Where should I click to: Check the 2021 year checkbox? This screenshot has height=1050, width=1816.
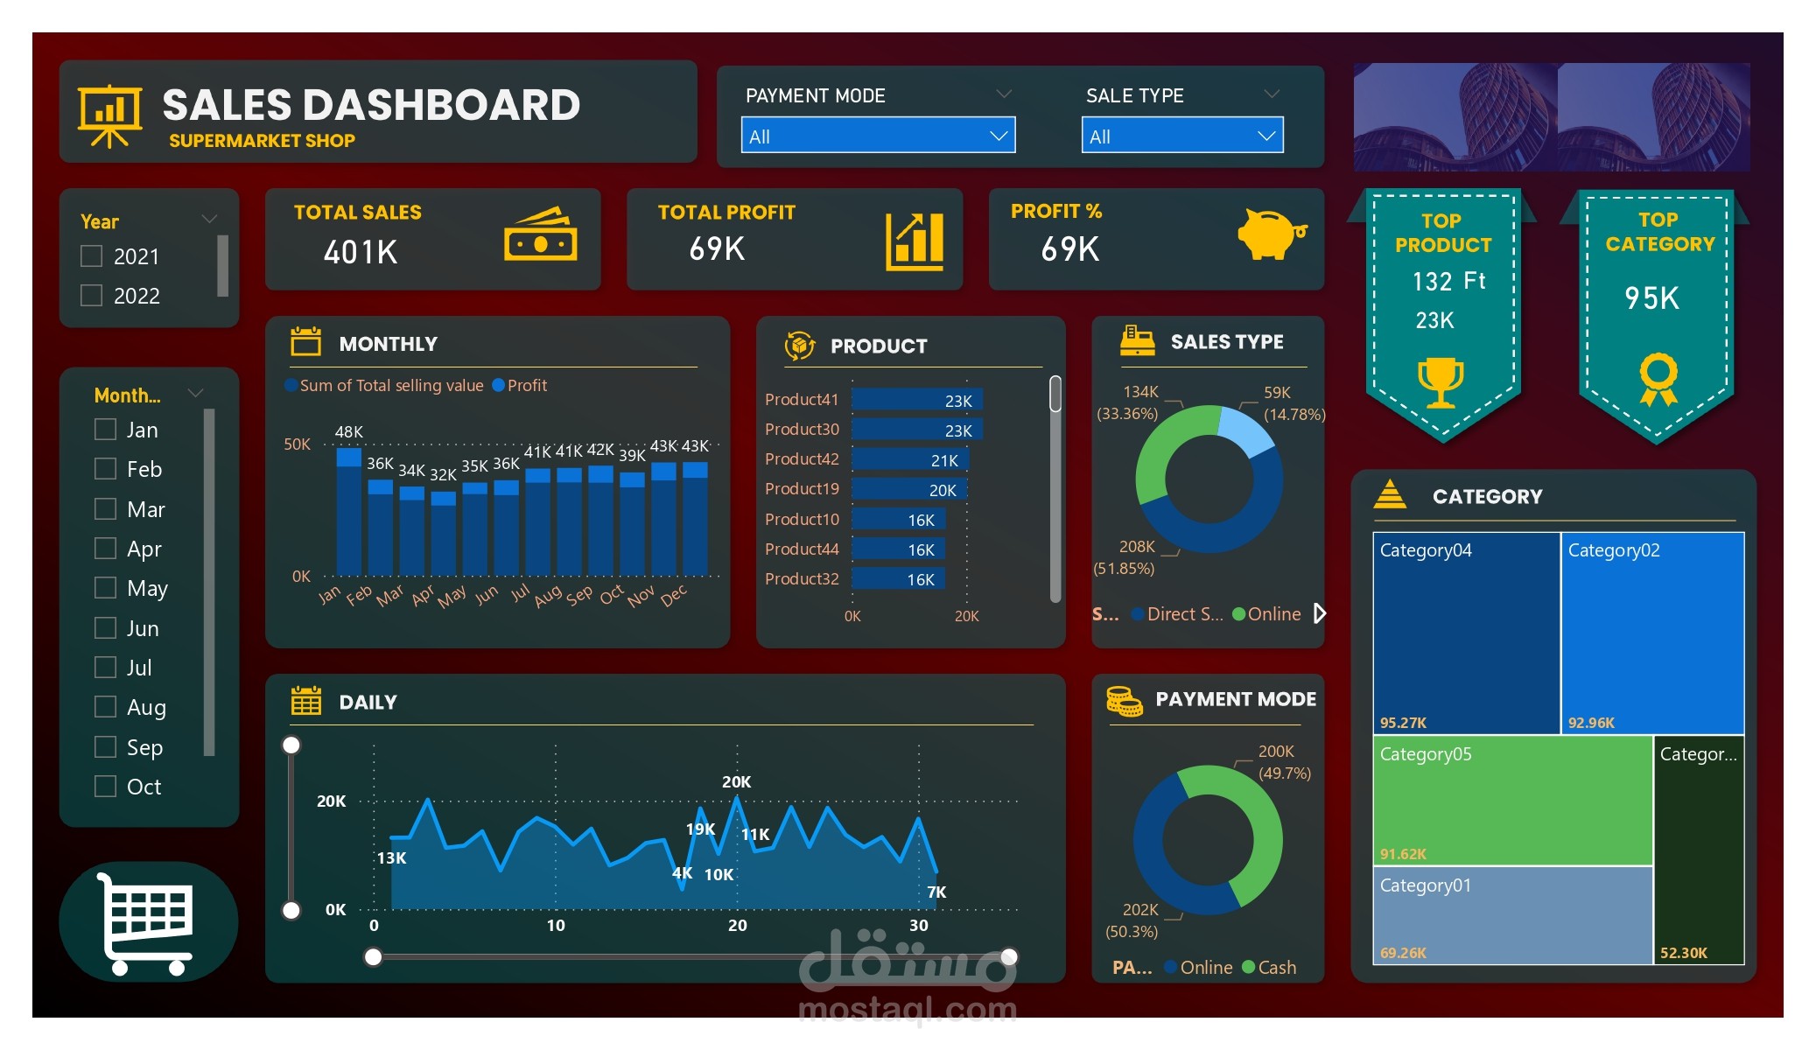[x=91, y=256]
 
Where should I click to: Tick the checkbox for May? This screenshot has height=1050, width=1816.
[x=105, y=588]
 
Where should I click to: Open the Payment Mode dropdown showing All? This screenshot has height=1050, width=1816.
[x=878, y=136]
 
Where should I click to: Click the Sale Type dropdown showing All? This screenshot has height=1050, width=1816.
[x=1181, y=136]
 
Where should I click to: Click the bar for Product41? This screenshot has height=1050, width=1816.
[x=916, y=400]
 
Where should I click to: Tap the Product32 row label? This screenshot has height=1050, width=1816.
[x=802, y=579]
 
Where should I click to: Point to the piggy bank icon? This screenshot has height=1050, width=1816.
[x=1271, y=234]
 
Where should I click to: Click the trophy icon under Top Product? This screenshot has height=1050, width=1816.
[x=1440, y=381]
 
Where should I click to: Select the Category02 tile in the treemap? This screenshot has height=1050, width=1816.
[x=1651, y=632]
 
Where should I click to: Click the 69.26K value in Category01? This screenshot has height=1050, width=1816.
[x=1403, y=953]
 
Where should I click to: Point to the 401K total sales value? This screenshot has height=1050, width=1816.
[x=361, y=253]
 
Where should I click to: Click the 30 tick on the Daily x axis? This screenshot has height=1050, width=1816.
[x=918, y=926]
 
